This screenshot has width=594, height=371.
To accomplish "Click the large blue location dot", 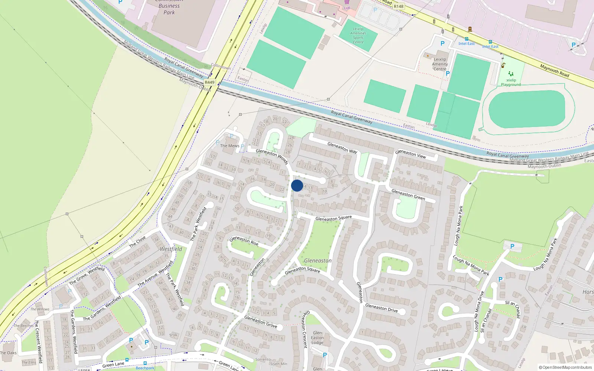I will pos(297,185).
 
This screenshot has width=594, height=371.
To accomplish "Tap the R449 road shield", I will pos(209,82).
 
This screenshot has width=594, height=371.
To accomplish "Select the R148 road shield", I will pos(399,6).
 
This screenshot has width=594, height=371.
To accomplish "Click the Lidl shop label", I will pos(347,8).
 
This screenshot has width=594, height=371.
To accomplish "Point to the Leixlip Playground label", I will pos(511,82).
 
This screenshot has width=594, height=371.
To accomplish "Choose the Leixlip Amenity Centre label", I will pos(440,64).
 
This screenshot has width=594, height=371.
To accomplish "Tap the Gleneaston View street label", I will pos(410,154).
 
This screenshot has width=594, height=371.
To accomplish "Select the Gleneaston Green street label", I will pos(408,195).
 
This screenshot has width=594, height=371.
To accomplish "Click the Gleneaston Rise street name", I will pos(244,241).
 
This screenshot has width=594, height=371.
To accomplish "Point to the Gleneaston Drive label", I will pos(381,308).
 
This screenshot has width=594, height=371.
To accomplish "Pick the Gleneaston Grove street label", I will pos(261,322).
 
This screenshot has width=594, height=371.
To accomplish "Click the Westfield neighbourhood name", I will pos(171,249).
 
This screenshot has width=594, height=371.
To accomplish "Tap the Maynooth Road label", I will pos(554,70).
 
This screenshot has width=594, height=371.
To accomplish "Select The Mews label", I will pos(229,146).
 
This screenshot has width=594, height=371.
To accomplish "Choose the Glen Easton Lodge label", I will pos(317,338).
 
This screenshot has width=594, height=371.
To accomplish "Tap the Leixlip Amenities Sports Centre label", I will pos(358,36).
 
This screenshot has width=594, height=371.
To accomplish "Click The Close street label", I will pos(137,242).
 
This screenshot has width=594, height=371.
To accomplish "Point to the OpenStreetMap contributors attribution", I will pos(565,368).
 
